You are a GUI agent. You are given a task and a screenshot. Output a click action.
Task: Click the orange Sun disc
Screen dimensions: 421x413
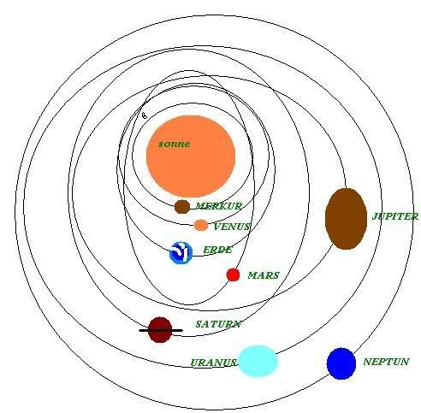[x=191, y=156]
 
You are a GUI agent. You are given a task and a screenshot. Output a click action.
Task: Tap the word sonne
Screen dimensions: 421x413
[x=174, y=144]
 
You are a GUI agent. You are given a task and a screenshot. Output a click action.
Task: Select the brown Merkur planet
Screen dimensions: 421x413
[x=182, y=207]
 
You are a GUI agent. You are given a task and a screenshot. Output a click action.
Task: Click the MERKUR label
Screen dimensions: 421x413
[x=219, y=206]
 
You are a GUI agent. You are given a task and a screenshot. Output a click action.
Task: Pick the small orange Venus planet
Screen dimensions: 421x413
[x=201, y=225]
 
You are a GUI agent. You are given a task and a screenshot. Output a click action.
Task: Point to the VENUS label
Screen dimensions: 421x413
[x=232, y=227]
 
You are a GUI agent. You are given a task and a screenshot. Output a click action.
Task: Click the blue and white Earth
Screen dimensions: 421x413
[x=181, y=253]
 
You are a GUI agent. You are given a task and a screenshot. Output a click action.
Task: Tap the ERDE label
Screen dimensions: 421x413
[x=217, y=250]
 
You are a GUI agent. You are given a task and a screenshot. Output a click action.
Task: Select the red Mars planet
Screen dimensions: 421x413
[x=233, y=274]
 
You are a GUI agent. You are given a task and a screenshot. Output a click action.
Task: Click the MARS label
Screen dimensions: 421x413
[x=264, y=275]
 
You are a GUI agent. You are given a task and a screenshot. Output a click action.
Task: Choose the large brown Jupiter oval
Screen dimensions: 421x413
[x=346, y=219]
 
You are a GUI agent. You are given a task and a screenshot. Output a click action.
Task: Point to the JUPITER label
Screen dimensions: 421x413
[x=395, y=216]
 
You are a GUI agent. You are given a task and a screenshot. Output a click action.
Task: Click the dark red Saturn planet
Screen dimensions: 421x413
[x=160, y=329]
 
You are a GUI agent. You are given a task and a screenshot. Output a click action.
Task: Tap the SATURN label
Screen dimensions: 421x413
[x=218, y=324]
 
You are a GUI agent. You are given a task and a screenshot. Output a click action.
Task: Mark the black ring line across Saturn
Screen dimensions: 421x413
[x=161, y=330]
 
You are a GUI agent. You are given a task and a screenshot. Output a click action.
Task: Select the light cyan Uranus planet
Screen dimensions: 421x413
[x=258, y=361]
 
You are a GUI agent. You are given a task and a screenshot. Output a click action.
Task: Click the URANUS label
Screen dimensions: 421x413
[x=213, y=363]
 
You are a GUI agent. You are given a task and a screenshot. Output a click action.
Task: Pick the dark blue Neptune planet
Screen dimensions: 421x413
[x=341, y=363]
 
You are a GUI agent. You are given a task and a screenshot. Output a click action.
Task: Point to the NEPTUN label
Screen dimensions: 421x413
[x=386, y=362]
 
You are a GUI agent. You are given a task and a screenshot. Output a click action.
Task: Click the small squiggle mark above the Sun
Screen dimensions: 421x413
[x=145, y=115]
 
